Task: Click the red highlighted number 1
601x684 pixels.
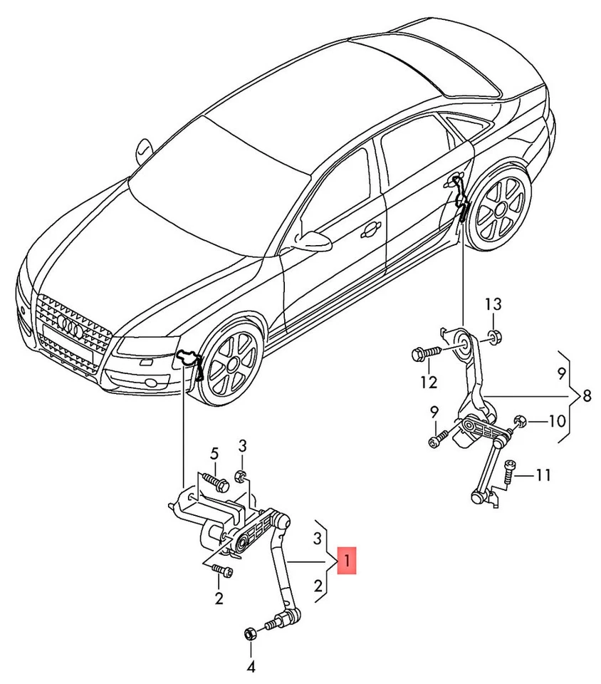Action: pyautogui.click(x=347, y=560)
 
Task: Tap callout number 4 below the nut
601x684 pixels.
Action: pyautogui.click(x=251, y=668)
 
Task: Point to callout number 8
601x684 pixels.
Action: pyautogui.click(x=586, y=396)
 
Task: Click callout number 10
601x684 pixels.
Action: pyautogui.click(x=557, y=421)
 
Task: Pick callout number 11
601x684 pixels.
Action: pyautogui.click(x=543, y=475)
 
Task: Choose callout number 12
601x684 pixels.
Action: pyautogui.click(x=428, y=383)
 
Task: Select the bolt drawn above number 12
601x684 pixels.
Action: pyautogui.click(x=422, y=353)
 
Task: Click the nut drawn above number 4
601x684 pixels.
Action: pyautogui.click(x=251, y=633)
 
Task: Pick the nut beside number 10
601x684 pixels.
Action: pyautogui.click(x=521, y=422)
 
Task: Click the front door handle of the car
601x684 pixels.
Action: pyautogui.click(x=370, y=229)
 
